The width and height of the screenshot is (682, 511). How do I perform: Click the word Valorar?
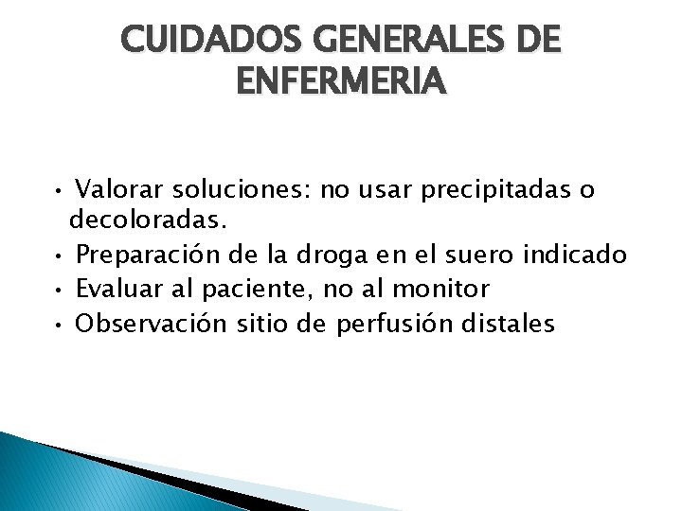[x=118, y=191]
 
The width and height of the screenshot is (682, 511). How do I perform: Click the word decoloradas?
[x=148, y=221]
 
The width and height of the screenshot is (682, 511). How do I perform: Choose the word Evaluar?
[x=117, y=289]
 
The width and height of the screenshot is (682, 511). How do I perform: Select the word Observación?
[x=152, y=324]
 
